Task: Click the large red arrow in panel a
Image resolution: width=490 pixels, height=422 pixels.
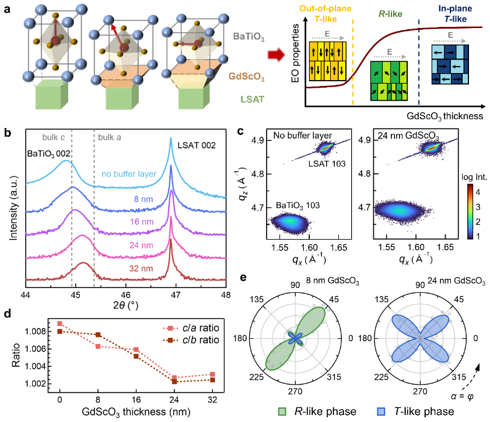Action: tap(276, 56)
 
